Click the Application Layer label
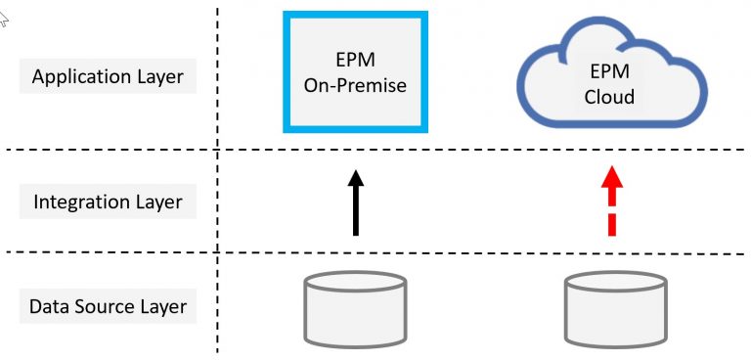(x=108, y=76)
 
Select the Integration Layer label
(x=108, y=202)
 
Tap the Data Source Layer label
(x=108, y=306)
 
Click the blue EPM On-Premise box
(x=355, y=70)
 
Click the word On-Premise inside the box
(x=355, y=85)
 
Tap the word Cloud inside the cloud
(x=609, y=97)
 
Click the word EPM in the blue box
(x=355, y=61)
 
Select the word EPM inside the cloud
(x=609, y=72)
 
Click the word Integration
(x=82, y=202)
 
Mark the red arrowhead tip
(x=611, y=168)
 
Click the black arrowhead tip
(x=356, y=171)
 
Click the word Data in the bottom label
(x=49, y=306)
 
